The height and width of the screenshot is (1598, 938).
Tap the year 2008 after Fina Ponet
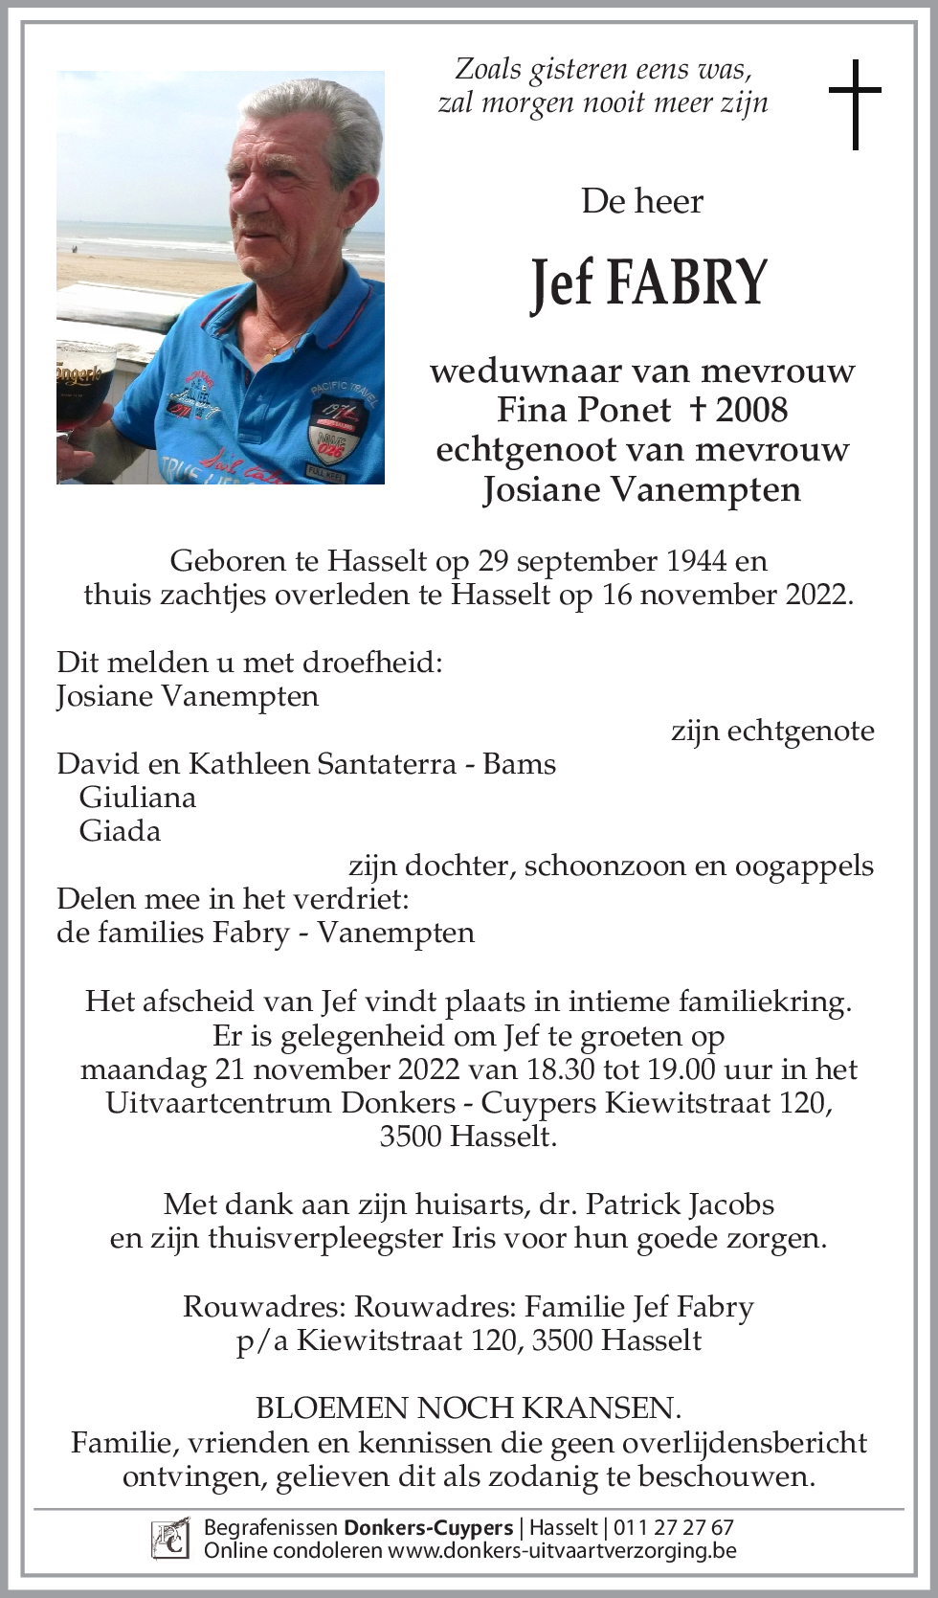pyautogui.click(x=751, y=410)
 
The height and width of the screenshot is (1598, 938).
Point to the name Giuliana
pyautogui.click(x=138, y=797)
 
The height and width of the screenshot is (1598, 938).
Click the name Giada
pyautogui.click(x=120, y=830)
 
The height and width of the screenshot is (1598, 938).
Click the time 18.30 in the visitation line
pyautogui.click(x=560, y=1069)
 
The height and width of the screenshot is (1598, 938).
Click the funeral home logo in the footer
pyautogui.click(x=169, y=1539)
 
